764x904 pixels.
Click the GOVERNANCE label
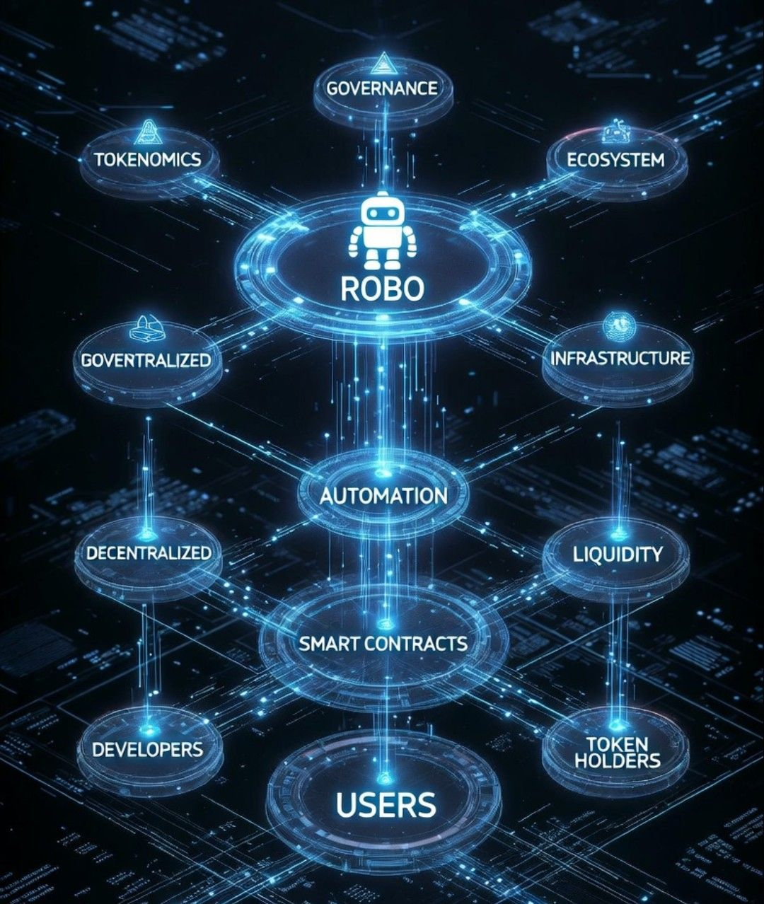[382, 88]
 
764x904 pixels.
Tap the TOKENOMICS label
[148, 159]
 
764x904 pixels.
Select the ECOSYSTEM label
[615, 160]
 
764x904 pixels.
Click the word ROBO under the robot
[382, 288]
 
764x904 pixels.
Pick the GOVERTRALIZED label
[146, 359]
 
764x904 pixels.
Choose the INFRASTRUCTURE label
[620, 358]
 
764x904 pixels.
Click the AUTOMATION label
[383, 495]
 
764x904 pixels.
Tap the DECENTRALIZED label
[149, 552]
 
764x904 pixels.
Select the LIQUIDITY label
[617, 554]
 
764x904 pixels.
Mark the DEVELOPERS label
[147, 749]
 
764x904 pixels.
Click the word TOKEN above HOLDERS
[617, 744]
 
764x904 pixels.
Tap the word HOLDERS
[617, 761]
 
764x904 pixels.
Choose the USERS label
[386, 805]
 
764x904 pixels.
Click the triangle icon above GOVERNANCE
[381, 62]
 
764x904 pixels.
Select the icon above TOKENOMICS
[146, 132]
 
